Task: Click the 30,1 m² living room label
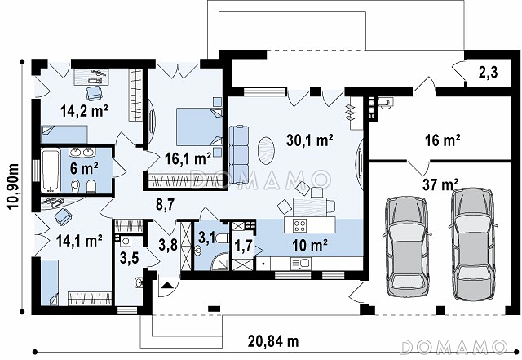tap(310, 140)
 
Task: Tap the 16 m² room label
tap(442, 140)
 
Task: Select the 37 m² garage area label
tap(440, 184)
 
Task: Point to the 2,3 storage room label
tap(488, 73)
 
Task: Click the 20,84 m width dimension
tap(273, 341)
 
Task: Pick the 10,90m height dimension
tap(13, 186)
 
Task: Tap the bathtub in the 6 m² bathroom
tap(51, 171)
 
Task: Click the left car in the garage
tap(407, 246)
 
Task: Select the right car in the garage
tap(472, 244)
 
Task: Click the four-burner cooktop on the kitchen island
tap(299, 225)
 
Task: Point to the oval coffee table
tap(267, 151)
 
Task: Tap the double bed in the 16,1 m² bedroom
tap(199, 127)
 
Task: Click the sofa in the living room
tap(239, 154)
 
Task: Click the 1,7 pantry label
tap(244, 247)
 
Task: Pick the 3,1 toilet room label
tap(206, 238)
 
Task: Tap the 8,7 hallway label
tap(165, 204)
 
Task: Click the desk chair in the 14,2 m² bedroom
tap(94, 93)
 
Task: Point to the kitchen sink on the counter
tap(301, 264)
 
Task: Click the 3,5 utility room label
tap(129, 258)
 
